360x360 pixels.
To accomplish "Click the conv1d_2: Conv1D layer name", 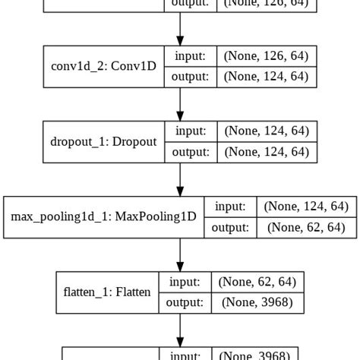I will point(104,66).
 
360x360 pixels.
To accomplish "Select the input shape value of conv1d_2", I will point(265,55).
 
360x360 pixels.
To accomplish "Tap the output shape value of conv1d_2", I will point(265,77).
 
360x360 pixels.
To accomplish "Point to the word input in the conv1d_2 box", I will point(190,55).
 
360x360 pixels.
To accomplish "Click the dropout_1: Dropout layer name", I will point(104,141).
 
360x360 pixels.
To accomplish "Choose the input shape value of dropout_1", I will point(265,131).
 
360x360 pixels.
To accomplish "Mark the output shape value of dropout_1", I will point(265,152).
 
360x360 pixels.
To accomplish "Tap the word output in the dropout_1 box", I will point(190,152).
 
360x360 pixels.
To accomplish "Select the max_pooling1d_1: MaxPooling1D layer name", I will point(104,216).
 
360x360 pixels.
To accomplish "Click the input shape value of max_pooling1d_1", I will point(305,206).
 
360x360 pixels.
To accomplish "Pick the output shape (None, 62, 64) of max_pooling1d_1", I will point(305,227).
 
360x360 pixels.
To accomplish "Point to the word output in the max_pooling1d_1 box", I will point(229,227).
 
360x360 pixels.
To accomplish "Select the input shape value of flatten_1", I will point(257,282).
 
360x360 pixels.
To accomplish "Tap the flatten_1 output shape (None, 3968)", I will point(257,302).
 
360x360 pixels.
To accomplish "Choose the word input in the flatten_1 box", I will point(185,282).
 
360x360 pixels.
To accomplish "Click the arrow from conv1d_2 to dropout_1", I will point(180,103).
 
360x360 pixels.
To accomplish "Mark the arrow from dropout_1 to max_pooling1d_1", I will point(180,178).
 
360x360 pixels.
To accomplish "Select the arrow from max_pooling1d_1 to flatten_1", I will point(180,254).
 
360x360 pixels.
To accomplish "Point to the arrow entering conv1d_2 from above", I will point(180,29).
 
